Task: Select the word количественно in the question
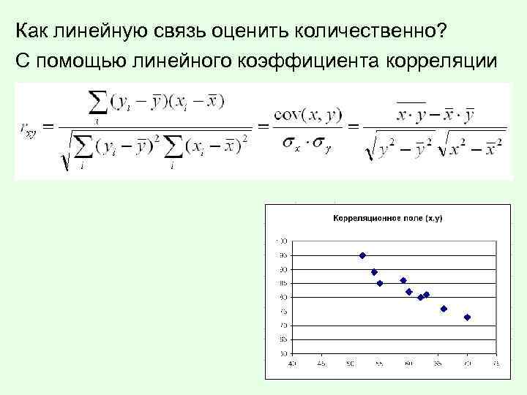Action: tap(370, 31)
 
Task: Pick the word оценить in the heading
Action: tap(250, 31)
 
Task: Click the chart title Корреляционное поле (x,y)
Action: tap(388, 218)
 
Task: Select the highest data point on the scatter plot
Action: tap(362, 255)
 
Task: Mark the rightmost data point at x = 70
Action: tap(467, 317)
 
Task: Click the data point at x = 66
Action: tap(444, 309)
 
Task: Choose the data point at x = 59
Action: tap(403, 280)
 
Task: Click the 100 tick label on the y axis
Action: tap(283, 241)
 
